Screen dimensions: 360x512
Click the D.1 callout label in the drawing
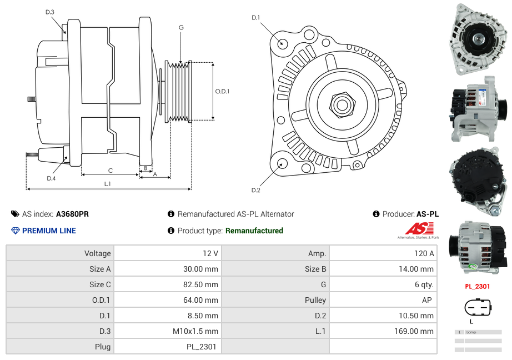[255, 18]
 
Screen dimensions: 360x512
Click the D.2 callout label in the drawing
[255, 191]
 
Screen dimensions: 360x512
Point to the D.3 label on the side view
[50, 12]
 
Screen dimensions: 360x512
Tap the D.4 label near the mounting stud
[51, 178]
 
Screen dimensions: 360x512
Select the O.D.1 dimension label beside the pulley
[222, 92]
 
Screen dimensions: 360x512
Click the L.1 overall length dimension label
[108, 184]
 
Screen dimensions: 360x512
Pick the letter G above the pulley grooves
[181, 27]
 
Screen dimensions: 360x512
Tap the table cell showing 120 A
[424, 253]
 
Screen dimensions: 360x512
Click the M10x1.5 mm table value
[195, 331]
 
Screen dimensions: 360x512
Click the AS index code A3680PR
[72, 214]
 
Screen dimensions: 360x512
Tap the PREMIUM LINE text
[49, 231]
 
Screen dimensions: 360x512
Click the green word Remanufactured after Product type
[254, 231]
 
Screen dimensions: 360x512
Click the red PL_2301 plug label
[478, 287]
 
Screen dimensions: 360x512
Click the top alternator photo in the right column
[478, 39]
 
